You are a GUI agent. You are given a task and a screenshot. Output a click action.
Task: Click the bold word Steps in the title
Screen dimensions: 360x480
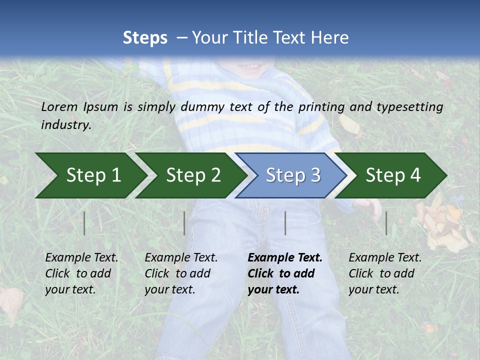click(x=145, y=38)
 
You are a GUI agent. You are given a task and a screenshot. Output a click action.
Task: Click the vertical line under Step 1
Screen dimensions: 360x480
click(x=84, y=223)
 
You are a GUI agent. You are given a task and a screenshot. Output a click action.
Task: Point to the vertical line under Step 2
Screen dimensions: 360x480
click(x=184, y=223)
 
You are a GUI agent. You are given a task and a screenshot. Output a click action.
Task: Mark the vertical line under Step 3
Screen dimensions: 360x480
click(x=285, y=223)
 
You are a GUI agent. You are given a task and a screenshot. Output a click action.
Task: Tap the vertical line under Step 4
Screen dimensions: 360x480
click(x=386, y=223)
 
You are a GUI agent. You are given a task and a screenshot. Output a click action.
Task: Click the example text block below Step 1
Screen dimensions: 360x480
click(x=81, y=273)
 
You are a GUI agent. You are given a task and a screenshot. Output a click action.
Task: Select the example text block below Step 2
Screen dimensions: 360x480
click(x=181, y=273)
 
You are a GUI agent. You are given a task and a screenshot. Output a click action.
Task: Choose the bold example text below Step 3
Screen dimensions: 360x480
click(x=285, y=273)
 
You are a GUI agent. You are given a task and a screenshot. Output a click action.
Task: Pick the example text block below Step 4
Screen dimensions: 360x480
click(x=385, y=273)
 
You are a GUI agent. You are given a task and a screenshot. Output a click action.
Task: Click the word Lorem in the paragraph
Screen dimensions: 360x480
click(x=59, y=106)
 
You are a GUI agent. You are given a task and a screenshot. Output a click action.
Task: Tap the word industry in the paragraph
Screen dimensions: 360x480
click(x=66, y=124)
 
